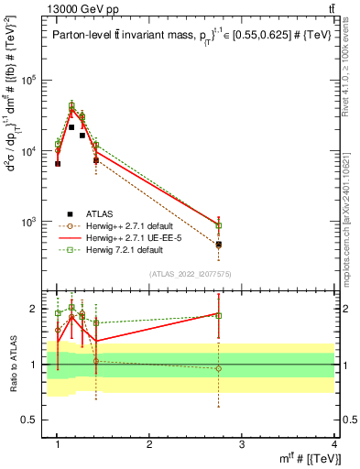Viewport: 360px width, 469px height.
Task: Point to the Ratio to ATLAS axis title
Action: click(x=12, y=365)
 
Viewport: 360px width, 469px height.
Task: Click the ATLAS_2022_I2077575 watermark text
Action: click(x=196, y=274)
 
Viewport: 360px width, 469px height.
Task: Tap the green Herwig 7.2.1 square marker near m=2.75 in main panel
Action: click(x=219, y=225)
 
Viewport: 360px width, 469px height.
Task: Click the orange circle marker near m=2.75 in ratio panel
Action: click(x=219, y=368)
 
